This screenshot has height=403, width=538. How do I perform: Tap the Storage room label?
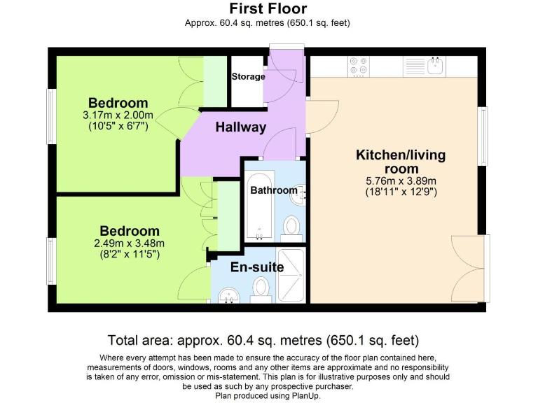pyautogui.click(x=248, y=76)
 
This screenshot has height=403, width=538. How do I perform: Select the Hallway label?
pyautogui.click(x=240, y=127)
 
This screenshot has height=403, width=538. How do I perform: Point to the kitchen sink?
pyautogui.click(x=434, y=66)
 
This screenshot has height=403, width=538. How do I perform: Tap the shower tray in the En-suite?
pyautogui.click(x=292, y=275)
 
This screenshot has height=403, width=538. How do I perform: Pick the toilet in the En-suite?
pyautogui.click(x=261, y=288)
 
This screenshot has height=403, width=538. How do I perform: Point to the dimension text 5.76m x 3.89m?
pyautogui.click(x=400, y=181)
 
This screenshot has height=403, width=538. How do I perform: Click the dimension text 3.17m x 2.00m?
pyautogui.click(x=118, y=116)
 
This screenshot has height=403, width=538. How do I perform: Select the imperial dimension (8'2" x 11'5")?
pyautogui.click(x=130, y=255)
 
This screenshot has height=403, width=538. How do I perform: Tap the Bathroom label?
pyautogui.click(x=274, y=190)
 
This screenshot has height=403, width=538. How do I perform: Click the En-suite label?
pyautogui.click(x=257, y=267)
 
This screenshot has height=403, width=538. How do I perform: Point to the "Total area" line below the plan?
pyautogui.click(x=263, y=341)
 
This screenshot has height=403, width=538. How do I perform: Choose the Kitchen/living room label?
pyautogui.click(x=400, y=162)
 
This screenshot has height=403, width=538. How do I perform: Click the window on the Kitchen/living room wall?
pyautogui.click(x=482, y=136)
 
